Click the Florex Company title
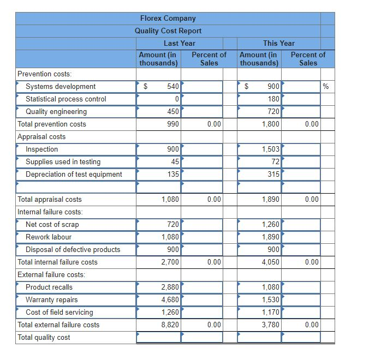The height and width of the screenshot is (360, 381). [168, 19]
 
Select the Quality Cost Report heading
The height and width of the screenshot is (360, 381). [168, 31]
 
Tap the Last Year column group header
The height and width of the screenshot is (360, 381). [179, 43]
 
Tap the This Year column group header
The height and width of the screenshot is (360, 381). [278, 43]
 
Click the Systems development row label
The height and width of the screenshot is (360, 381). [61, 87]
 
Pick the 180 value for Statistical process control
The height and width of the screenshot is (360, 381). [273, 99]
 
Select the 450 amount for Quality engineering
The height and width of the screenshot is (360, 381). [173, 112]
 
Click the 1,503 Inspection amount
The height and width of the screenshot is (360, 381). [271, 149]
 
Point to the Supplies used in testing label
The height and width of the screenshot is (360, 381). [63, 162]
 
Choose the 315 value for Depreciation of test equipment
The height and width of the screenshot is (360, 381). [273, 175]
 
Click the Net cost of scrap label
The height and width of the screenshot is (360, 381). [52, 225]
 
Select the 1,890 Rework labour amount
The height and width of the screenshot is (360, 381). [271, 237]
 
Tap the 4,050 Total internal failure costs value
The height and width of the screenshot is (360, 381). [271, 262]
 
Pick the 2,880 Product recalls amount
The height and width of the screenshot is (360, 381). [170, 287]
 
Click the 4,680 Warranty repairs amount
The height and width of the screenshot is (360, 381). [170, 300]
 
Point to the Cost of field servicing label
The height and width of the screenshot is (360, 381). [59, 313]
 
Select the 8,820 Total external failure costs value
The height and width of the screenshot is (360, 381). [170, 325]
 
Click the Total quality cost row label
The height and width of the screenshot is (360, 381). [44, 338]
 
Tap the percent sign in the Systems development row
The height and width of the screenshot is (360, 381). [326, 87]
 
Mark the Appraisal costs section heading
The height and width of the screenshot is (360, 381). [41, 137]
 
